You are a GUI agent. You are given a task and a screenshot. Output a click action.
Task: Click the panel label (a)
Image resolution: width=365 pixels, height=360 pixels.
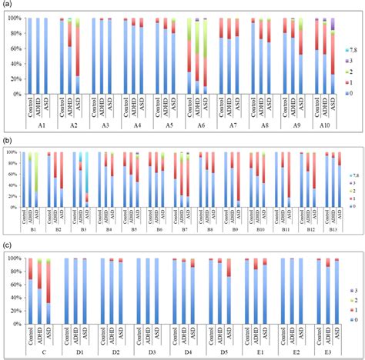click(7, 5)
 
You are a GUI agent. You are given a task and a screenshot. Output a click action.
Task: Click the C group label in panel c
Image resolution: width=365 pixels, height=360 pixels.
click(40, 352)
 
